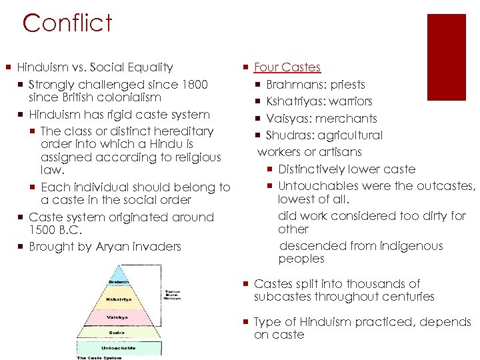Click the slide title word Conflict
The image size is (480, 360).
pos(67,23)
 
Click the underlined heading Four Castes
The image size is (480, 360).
pos(287,67)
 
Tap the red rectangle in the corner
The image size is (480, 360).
pos(446,48)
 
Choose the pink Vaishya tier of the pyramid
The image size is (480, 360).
pos(119,318)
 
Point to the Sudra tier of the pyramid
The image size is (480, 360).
pos(119,332)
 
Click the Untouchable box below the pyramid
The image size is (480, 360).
pos(119,348)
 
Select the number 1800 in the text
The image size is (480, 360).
pos(193,85)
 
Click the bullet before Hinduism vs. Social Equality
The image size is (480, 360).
pos(9,67)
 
